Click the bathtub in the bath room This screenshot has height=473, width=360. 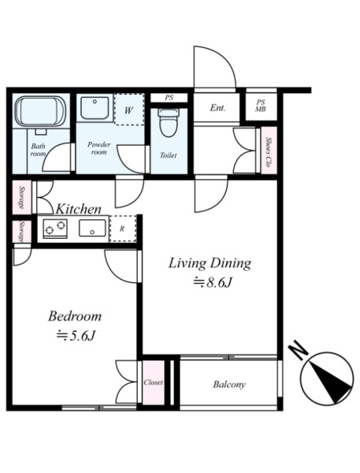(40, 112)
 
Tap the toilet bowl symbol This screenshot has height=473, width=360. (169, 123)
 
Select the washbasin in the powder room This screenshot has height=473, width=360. (95, 108)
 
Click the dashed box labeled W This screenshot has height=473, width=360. (129, 110)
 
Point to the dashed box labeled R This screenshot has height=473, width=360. (123, 229)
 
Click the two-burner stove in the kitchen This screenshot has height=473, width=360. (55, 229)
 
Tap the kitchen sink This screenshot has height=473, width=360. (92, 228)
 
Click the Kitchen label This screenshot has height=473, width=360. (79, 209)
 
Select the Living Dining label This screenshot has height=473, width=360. (210, 263)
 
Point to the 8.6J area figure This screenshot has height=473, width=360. (213, 283)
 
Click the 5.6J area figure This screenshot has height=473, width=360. (76, 336)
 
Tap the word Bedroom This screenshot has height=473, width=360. (75, 316)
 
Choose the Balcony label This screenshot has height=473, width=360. (229, 385)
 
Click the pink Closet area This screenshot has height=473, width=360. (154, 382)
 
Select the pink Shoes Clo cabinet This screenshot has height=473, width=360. (269, 151)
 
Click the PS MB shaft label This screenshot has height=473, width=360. (261, 106)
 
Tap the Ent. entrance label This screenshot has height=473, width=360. (217, 108)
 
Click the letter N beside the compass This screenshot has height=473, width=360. (299, 350)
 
